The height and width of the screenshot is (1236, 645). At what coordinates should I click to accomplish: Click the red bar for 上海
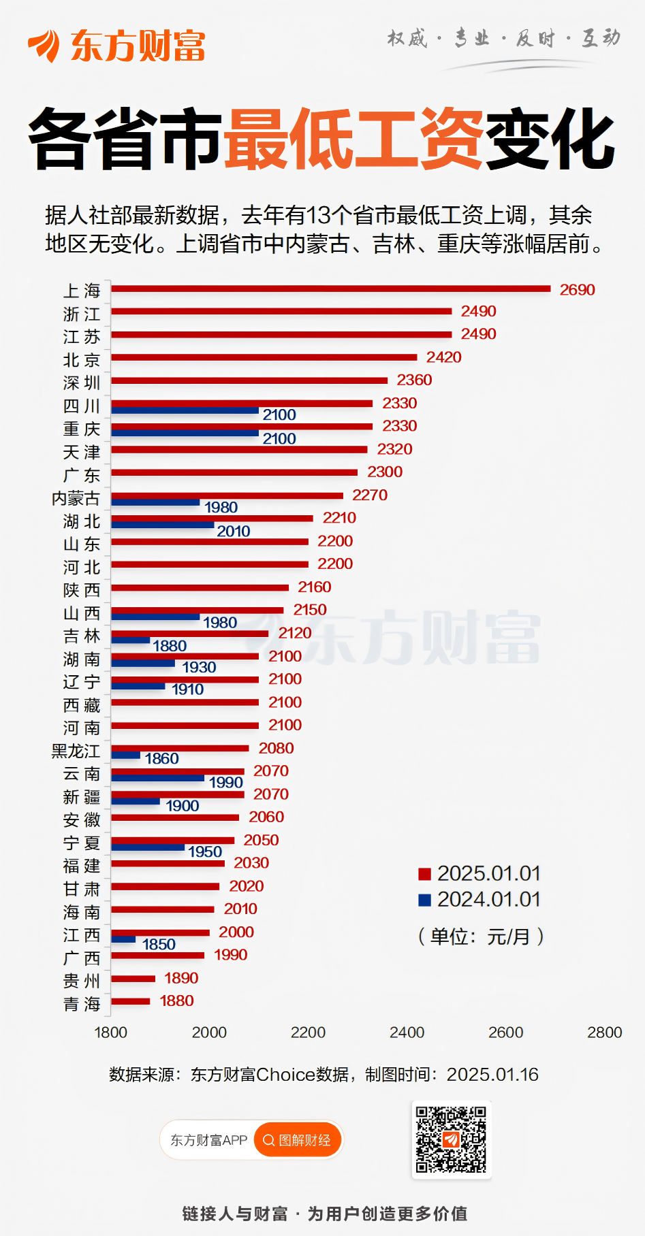click(330, 289)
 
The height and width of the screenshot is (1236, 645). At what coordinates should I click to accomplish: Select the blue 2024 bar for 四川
click(185, 410)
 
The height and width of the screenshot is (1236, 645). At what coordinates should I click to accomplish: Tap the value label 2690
click(577, 290)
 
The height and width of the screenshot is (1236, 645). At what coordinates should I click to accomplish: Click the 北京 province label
click(82, 360)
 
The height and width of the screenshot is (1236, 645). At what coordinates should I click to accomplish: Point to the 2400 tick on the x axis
click(407, 1032)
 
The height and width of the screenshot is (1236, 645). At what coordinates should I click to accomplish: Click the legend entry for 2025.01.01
click(479, 873)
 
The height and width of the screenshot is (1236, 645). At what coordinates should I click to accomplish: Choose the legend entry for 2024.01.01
click(479, 899)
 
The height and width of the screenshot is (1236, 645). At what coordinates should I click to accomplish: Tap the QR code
click(451, 1139)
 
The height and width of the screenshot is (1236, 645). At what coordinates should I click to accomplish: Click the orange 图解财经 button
click(297, 1140)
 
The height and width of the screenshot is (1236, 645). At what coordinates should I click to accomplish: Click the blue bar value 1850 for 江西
click(159, 945)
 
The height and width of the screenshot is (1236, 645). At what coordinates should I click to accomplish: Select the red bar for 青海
click(131, 1001)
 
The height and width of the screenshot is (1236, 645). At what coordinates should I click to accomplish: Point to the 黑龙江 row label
click(76, 751)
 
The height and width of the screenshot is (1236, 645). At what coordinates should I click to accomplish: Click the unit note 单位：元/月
click(480, 937)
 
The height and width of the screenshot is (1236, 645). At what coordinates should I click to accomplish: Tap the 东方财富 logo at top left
click(116, 46)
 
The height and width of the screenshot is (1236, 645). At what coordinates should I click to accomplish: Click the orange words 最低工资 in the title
click(353, 140)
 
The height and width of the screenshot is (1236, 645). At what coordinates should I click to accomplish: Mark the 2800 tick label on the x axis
click(604, 1032)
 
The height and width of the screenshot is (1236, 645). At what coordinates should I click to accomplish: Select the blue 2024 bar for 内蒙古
click(155, 502)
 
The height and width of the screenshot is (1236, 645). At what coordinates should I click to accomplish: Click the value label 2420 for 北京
click(443, 357)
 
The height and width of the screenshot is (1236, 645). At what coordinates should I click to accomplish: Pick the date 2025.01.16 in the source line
click(492, 1075)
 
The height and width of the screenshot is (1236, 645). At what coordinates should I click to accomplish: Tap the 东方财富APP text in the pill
click(208, 1140)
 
